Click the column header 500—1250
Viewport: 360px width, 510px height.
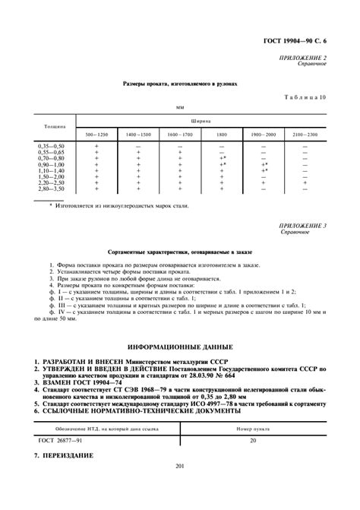96,134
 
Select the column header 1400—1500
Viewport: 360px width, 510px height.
138,134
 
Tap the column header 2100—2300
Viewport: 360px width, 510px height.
305,134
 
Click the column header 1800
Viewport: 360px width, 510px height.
222,134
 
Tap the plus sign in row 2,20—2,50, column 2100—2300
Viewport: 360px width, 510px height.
305,183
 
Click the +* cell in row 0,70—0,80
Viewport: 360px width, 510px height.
223,157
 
